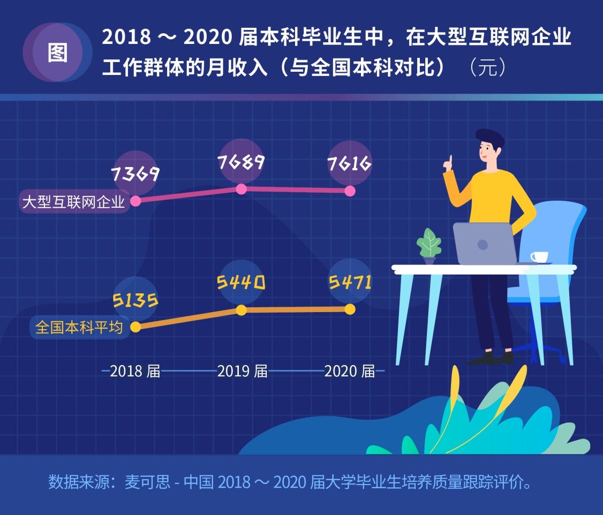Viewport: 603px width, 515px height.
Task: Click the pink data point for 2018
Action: pyautogui.click(x=136, y=201)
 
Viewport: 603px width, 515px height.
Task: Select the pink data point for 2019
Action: pyautogui.click(x=242, y=188)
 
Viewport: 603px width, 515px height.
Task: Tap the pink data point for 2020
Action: pyautogui.click(x=350, y=191)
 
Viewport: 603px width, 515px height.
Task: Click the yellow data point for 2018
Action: pyautogui.click(x=136, y=327)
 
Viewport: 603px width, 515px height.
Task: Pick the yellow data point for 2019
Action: pyautogui.click(x=242, y=310)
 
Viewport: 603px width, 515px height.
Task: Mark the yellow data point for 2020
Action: pyautogui.click(x=350, y=309)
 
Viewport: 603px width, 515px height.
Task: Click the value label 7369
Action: pyautogui.click(x=136, y=173)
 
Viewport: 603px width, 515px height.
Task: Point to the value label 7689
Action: pyautogui.click(x=242, y=161)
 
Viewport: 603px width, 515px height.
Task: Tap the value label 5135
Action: pyautogui.click(x=135, y=300)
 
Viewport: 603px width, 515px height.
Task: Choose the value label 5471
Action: pyautogui.click(x=350, y=282)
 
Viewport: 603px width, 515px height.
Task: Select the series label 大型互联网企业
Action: pyautogui.click(x=73, y=201)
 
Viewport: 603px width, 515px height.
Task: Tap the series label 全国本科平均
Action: pyautogui.click(x=79, y=327)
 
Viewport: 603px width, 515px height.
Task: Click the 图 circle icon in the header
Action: pyautogui.click(x=57, y=52)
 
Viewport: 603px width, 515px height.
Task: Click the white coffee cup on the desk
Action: pyautogui.click(x=539, y=257)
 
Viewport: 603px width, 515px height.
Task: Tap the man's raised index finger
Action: pyautogui.click(x=450, y=161)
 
